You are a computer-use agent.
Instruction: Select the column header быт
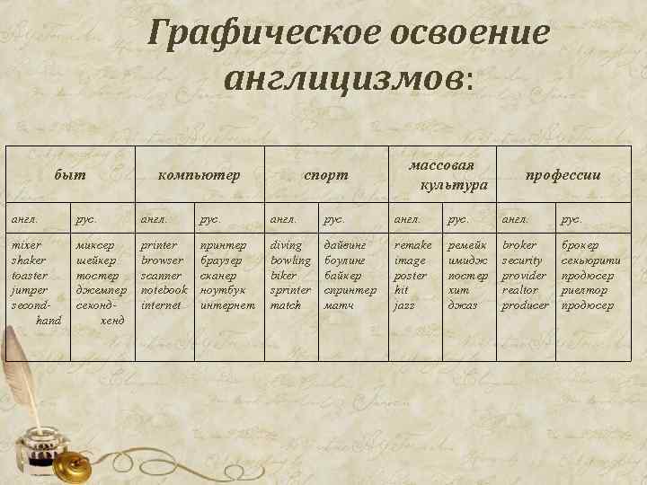click(x=70, y=175)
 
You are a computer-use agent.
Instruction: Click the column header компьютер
click(x=199, y=175)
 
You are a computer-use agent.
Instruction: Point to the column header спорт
click(x=325, y=175)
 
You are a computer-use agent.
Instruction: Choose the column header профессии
click(x=563, y=175)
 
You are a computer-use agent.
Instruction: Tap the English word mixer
click(x=25, y=245)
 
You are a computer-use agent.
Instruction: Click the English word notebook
click(x=164, y=291)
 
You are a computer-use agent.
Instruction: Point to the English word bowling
click(x=290, y=260)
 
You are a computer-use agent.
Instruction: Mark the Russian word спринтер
click(x=350, y=291)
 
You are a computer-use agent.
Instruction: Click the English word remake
click(x=413, y=245)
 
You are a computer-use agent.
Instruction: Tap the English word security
click(x=522, y=260)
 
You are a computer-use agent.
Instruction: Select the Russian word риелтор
click(x=584, y=291)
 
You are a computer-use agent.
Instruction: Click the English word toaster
click(x=30, y=276)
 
